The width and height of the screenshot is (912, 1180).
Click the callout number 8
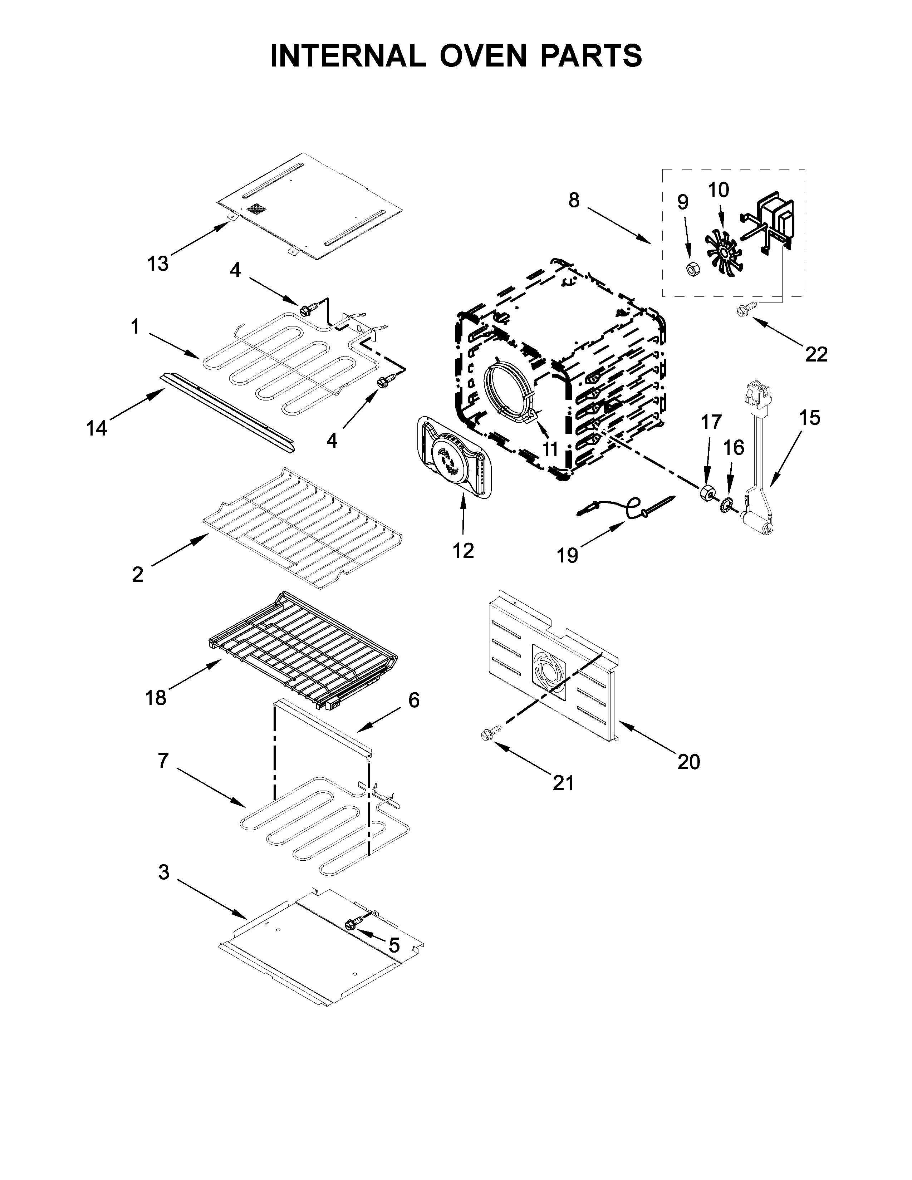point(574,201)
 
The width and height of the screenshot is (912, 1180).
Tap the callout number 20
point(688,762)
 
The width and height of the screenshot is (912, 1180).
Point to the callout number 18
point(155,698)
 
